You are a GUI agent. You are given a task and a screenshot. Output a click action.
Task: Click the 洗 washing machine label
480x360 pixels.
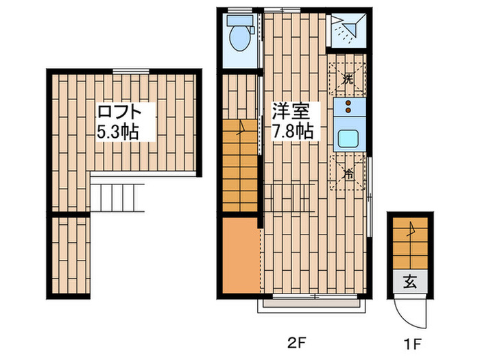pos(348,80)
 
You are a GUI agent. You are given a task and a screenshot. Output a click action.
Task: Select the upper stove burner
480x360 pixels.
pos(348,104)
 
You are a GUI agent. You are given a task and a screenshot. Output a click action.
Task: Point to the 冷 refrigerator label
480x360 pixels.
pos(348,173)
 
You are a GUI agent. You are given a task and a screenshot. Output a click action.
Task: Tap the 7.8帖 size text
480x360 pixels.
pos(293,131)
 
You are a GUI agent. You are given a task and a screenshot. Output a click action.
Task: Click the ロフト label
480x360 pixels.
pos(119,111)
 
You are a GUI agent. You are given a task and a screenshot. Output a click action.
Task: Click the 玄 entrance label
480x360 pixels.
pos(409,280)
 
